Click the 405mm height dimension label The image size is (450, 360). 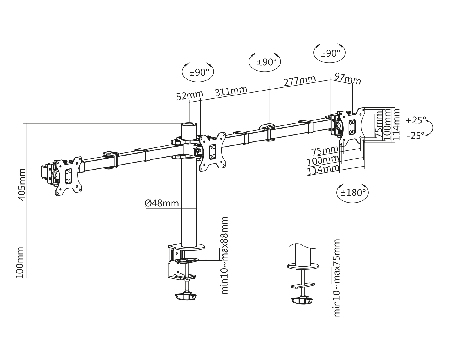21,184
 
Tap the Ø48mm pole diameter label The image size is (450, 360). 162,203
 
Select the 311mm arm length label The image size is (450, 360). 231,91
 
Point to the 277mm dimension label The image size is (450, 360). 300,81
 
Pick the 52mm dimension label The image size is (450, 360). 189,95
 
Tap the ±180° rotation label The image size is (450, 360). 352,193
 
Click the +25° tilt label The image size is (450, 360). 416,120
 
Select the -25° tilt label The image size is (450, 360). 415,136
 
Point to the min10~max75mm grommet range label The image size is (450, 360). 336,278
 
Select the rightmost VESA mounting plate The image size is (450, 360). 352,127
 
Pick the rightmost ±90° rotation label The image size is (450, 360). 330,53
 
